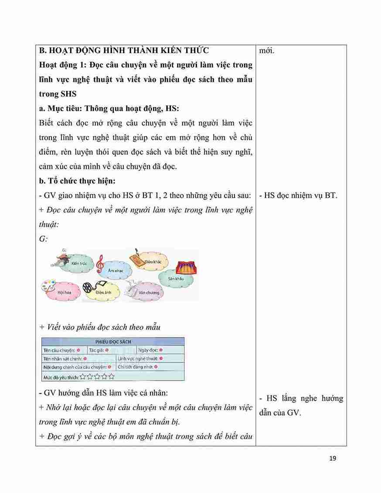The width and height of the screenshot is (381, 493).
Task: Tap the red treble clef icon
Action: (101, 263)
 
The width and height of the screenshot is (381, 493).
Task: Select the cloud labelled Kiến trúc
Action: (78, 264)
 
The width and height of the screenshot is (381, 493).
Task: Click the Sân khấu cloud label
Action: (176, 278)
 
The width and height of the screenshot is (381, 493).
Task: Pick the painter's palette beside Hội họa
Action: (48, 287)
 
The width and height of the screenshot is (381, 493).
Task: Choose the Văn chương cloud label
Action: (149, 293)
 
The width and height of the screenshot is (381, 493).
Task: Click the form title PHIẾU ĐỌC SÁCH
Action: (113, 342)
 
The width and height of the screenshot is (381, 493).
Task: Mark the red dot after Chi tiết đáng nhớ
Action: (156, 367)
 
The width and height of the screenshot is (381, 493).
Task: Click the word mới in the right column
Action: (267, 51)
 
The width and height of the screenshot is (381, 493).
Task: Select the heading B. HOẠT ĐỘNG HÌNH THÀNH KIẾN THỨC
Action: (124, 51)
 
